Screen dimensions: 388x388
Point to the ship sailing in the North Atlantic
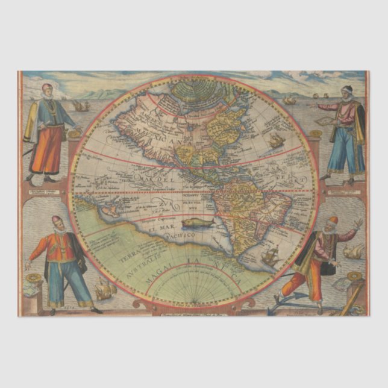(x=276, y=141)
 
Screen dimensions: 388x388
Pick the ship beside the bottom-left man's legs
(x=104, y=290)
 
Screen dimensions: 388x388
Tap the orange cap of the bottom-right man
(x=333, y=219)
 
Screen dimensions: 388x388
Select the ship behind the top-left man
(x=80, y=106)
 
